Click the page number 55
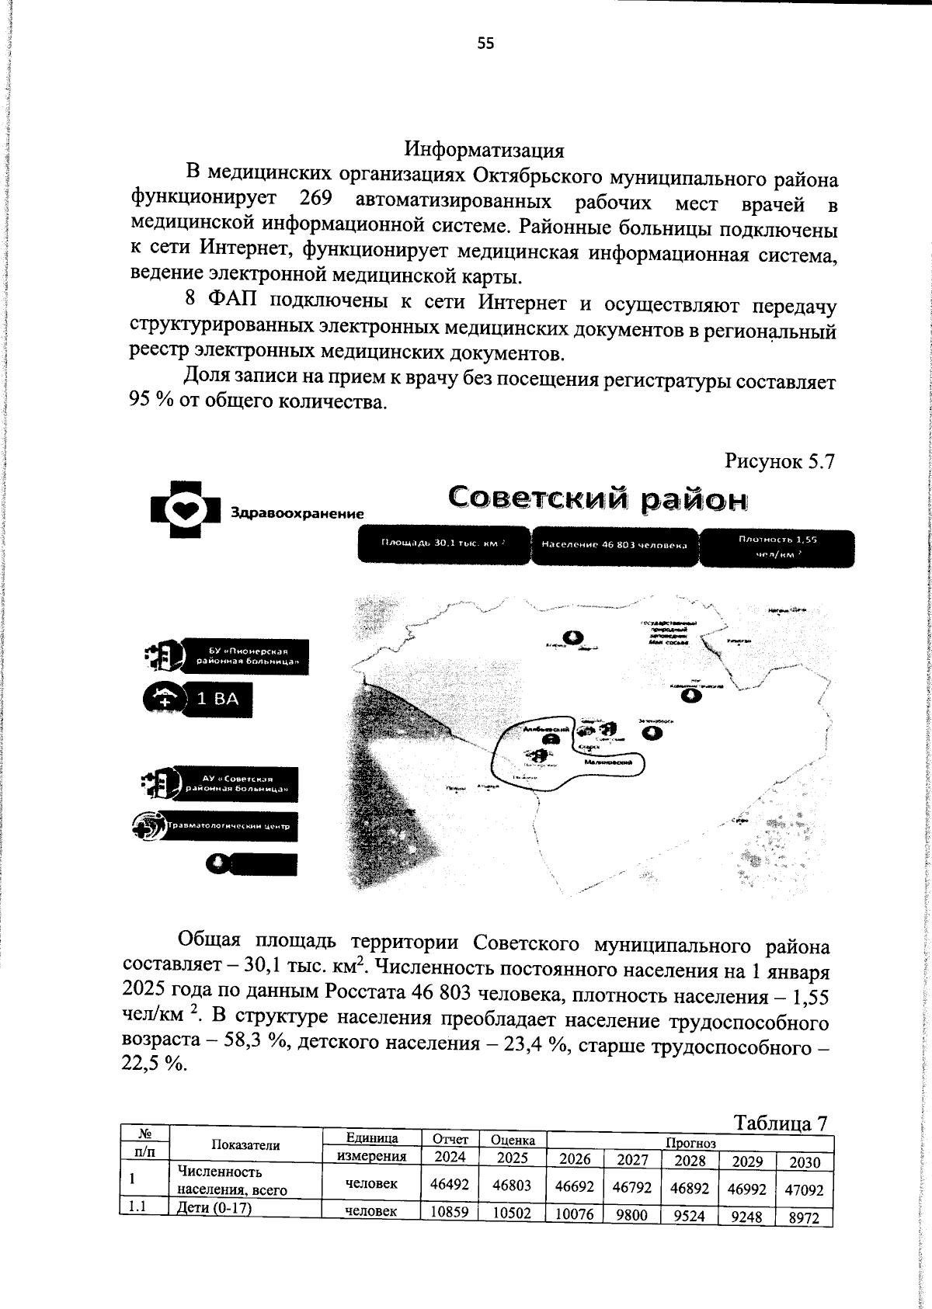(485, 44)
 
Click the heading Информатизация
(485, 148)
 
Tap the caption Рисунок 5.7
(779, 461)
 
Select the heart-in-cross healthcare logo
(186, 510)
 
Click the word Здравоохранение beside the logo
(297, 514)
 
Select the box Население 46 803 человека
(614, 545)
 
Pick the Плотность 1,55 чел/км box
(777, 548)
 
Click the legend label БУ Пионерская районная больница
(248, 656)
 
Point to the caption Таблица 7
(781, 1123)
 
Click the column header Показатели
(245, 1145)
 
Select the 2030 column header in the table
(804, 1162)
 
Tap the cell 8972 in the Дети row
(804, 1218)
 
